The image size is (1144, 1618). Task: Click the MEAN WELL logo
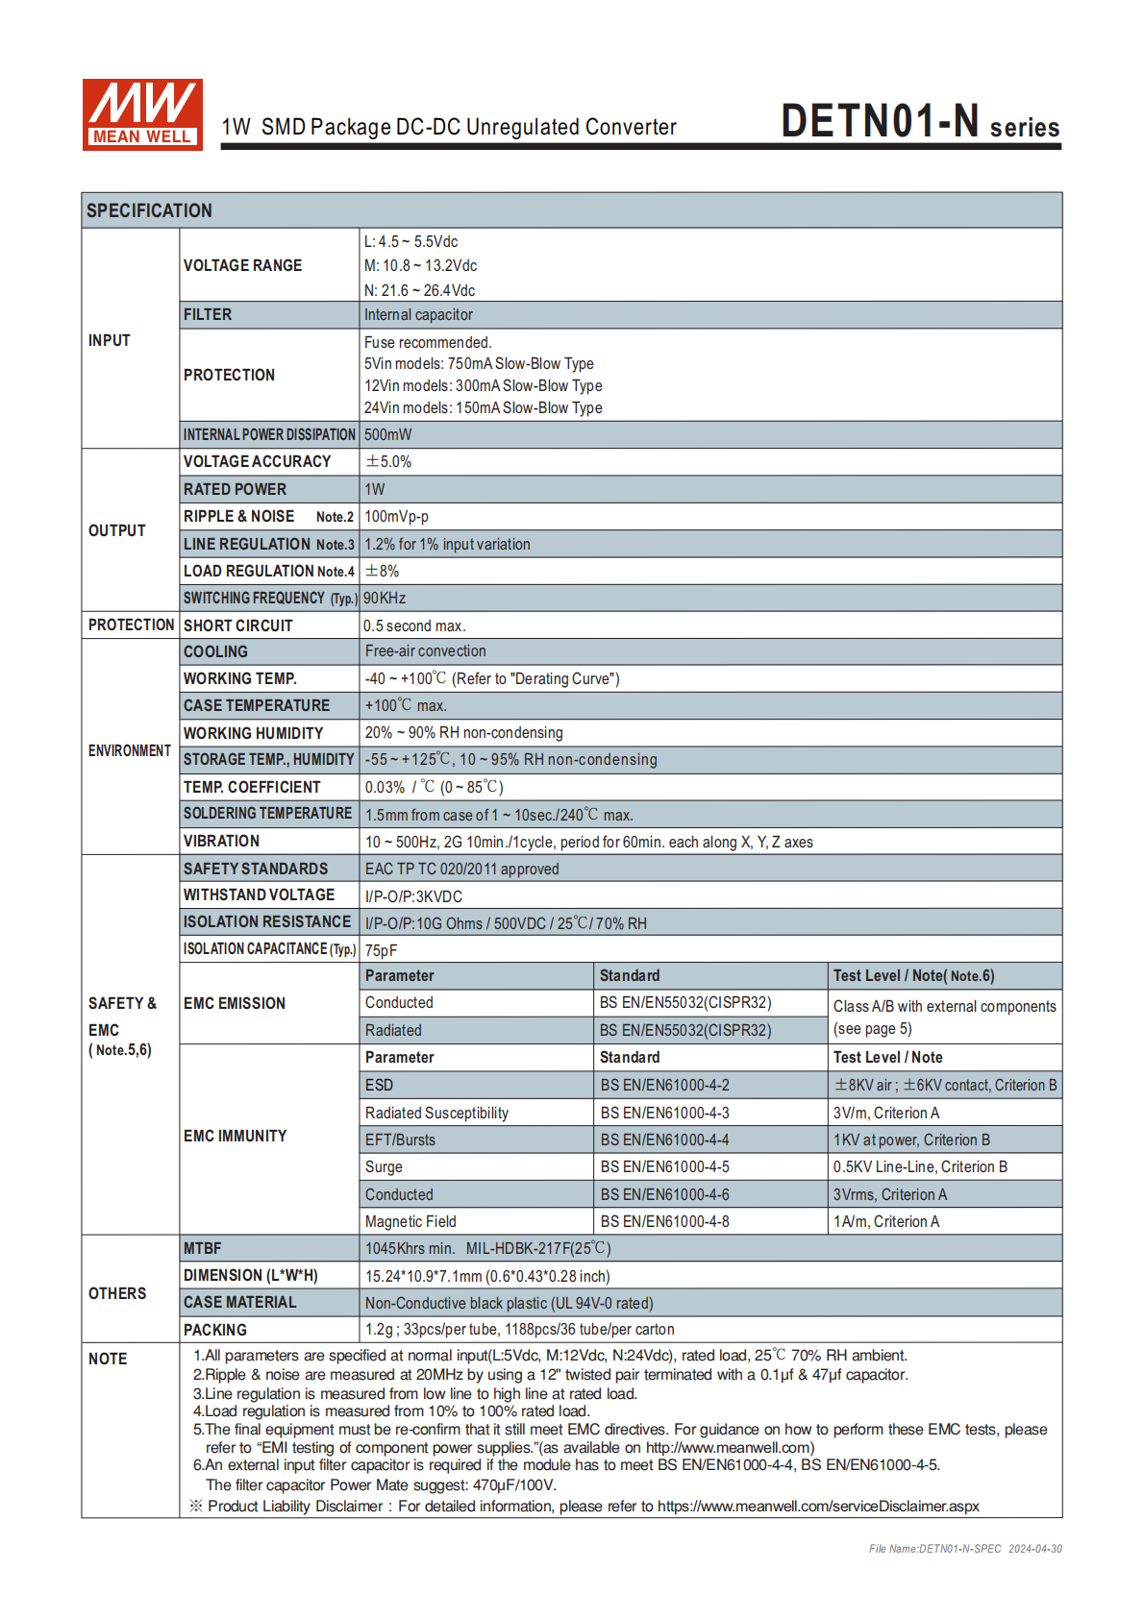pyautogui.click(x=142, y=114)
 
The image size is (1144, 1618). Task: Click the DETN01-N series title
pyautogui.click(x=919, y=123)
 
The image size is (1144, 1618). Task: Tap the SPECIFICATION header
pyautogui.click(x=149, y=210)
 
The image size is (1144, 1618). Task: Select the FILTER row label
pyautogui.click(x=208, y=315)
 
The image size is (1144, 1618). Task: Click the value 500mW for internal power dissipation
pyautogui.click(x=387, y=435)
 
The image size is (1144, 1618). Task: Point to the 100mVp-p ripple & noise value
pyautogui.click(x=396, y=517)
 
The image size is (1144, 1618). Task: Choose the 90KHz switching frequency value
pyautogui.click(x=385, y=599)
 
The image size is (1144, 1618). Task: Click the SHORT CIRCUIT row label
pyautogui.click(x=237, y=625)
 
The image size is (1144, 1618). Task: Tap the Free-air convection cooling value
pyautogui.click(x=425, y=651)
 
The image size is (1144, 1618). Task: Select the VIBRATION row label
pyautogui.click(x=221, y=842)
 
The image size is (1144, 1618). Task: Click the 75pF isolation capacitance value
pyautogui.click(x=381, y=950)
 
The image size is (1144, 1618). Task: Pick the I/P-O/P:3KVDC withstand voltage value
pyautogui.click(x=413, y=896)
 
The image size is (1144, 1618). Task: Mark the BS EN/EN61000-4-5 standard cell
pyautogui.click(x=664, y=1167)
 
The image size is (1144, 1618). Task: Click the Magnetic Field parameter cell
pyautogui.click(x=410, y=1222)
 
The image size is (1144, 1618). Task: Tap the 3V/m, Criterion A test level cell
pyautogui.click(x=885, y=1114)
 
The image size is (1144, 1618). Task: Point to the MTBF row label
pyautogui.click(x=202, y=1249)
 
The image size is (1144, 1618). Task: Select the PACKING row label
pyautogui.click(x=214, y=1331)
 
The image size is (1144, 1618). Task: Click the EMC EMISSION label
pyautogui.click(x=235, y=1004)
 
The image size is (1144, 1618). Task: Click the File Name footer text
pyautogui.click(x=965, y=1549)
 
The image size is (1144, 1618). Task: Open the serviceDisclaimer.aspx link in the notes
pyautogui.click(x=818, y=1507)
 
